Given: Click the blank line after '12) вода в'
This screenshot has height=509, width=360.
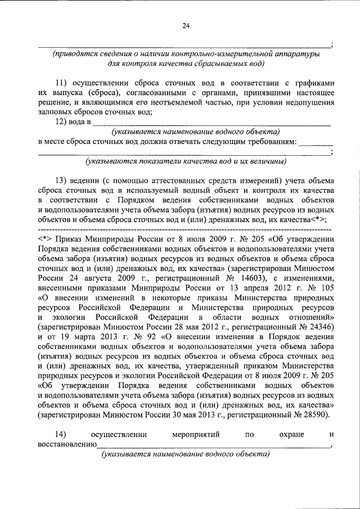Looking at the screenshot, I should click(x=211, y=121).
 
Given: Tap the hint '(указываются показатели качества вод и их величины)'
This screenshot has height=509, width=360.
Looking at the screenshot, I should click(x=185, y=162).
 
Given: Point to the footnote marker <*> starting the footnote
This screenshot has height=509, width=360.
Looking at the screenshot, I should click(x=46, y=238).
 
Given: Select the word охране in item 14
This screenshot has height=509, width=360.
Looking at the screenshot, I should click(x=278, y=434).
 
